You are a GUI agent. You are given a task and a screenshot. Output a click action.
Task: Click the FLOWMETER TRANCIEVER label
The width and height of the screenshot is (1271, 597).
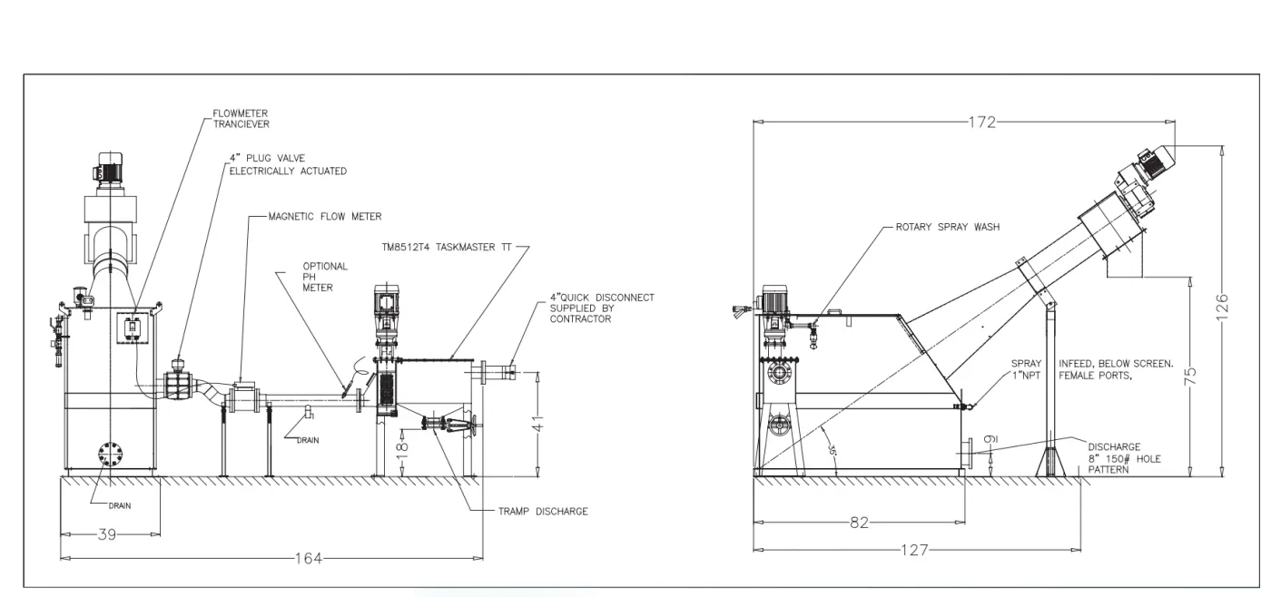241,119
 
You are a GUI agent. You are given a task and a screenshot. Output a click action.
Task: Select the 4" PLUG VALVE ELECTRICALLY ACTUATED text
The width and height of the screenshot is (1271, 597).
287,164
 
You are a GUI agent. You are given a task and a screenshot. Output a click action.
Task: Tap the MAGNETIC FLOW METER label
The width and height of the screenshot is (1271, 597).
325,217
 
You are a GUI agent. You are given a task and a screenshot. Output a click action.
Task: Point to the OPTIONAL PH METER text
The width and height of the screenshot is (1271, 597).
325,277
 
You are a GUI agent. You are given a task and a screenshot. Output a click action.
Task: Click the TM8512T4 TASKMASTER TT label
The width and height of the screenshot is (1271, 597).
448,247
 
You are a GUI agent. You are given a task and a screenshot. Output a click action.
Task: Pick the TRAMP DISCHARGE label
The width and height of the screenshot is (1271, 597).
543,512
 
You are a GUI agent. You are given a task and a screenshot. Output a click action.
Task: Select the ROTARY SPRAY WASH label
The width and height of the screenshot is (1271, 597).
947,227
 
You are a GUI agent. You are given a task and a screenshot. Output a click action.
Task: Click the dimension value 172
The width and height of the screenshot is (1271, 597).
982,122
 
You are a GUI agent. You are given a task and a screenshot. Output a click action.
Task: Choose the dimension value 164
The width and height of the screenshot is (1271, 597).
309,558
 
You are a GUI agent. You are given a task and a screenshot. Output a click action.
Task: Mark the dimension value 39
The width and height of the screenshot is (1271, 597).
107,535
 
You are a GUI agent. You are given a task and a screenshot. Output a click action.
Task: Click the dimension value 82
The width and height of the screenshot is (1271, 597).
860,523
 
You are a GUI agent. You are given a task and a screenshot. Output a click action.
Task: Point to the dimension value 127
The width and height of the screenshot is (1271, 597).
917,550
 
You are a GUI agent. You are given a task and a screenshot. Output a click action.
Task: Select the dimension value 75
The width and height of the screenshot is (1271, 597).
1192,375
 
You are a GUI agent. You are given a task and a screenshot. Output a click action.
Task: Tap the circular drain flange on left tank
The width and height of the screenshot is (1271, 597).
109,454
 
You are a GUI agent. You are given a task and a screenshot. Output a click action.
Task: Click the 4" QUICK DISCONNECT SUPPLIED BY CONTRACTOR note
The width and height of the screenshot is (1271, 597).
601,308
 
